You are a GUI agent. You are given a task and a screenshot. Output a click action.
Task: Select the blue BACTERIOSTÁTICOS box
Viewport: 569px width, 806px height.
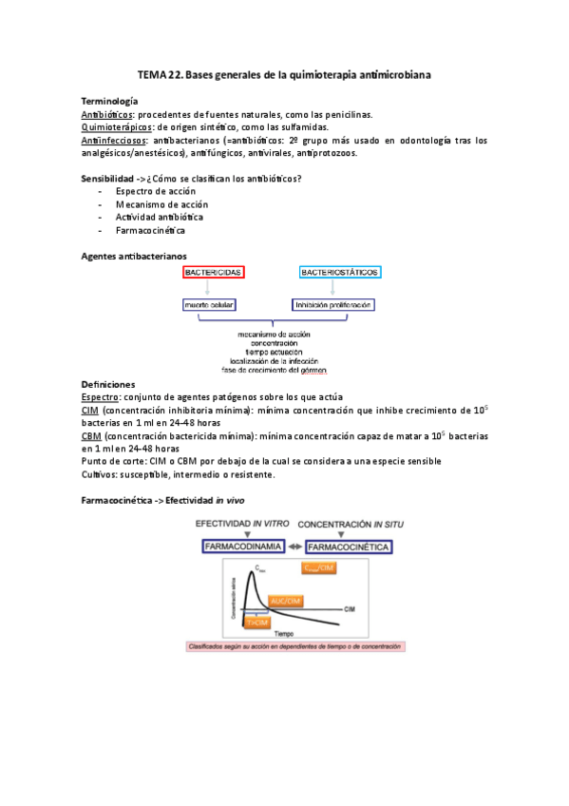[340, 272]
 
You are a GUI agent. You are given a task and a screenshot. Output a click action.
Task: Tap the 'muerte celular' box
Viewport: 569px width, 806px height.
[209, 305]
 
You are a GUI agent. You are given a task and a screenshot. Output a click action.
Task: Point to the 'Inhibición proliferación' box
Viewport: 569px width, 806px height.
[332, 305]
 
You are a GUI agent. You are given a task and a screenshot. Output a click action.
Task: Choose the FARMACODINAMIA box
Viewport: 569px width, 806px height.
[241, 547]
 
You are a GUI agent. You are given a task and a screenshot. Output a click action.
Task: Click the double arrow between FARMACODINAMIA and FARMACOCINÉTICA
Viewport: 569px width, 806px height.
[295, 547]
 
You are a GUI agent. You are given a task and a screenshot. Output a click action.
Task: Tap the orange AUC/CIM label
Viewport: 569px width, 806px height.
[284, 601]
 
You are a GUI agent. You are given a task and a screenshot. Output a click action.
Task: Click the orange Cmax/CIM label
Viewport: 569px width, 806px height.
[318, 567]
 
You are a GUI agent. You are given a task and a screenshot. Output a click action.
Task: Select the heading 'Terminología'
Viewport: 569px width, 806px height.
[109, 101]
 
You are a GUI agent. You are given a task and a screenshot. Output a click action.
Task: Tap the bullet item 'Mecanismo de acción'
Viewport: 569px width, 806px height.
[161, 203]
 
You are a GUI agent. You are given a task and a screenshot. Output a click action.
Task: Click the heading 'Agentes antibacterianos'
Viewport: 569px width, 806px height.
[134, 256]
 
